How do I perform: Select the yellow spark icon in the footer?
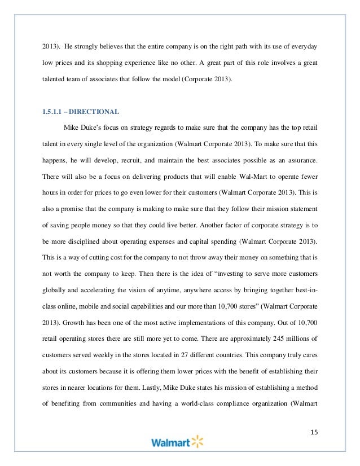pyautogui.click(x=196, y=441)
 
